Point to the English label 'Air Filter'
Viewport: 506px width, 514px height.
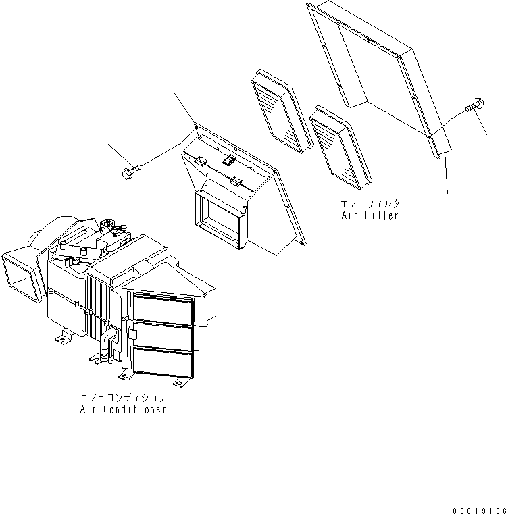[x=370, y=215]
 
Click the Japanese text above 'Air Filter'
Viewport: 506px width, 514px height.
[x=370, y=203]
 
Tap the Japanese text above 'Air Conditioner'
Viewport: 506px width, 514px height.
[x=122, y=399]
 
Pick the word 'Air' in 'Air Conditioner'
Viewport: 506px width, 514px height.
[x=87, y=410]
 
